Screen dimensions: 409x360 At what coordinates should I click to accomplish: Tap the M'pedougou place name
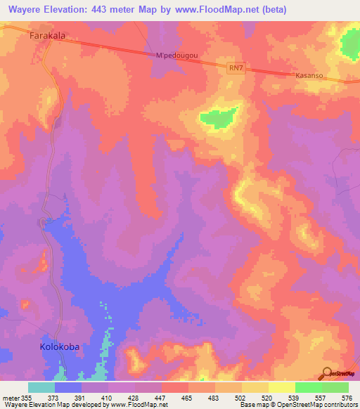tap(174, 56)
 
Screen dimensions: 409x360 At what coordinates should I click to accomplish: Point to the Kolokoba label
tap(58, 347)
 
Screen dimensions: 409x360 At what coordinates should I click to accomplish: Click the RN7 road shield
tap(236, 67)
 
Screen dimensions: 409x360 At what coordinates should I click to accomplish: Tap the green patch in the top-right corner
tap(349, 44)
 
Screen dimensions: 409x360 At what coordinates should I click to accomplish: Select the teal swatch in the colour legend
tap(41, 387)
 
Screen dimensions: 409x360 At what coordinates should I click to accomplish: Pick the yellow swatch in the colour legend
tap(281, 387)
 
